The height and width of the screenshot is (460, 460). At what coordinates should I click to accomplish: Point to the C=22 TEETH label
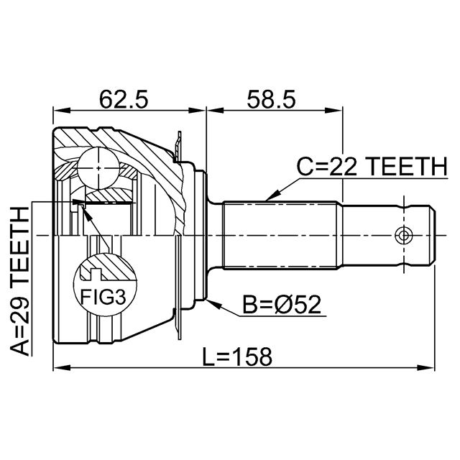(372, 167)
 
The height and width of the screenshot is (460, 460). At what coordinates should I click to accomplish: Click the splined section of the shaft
(280, 234)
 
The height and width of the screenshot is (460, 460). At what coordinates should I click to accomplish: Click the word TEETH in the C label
(406, 167)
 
